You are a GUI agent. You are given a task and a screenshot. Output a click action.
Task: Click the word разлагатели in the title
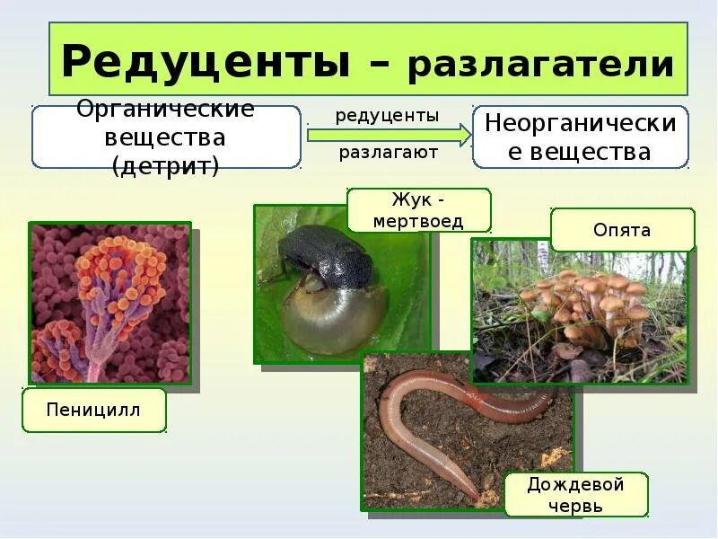[x=540, y=65]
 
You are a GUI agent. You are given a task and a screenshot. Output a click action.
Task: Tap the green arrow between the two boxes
[x=388, y=135]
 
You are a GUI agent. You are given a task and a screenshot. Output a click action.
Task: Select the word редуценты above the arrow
[x=387, y=116]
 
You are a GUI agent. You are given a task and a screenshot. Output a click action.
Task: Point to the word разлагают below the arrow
[x=388, y=153]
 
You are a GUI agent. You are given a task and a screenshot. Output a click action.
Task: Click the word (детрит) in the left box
[x=165, y=167]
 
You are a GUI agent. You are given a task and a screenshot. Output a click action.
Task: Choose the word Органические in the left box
[x=165, y=110]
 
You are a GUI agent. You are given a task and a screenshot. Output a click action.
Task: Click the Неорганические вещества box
[x=580, y=137]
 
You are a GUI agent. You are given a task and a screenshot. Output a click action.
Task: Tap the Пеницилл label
[x=94, y=414]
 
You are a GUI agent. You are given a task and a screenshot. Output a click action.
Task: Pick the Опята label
[x=622, y=230]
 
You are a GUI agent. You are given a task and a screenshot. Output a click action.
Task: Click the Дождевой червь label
[x=575, y=495]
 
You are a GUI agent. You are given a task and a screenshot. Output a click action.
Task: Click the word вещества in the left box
[x=165, y=138]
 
